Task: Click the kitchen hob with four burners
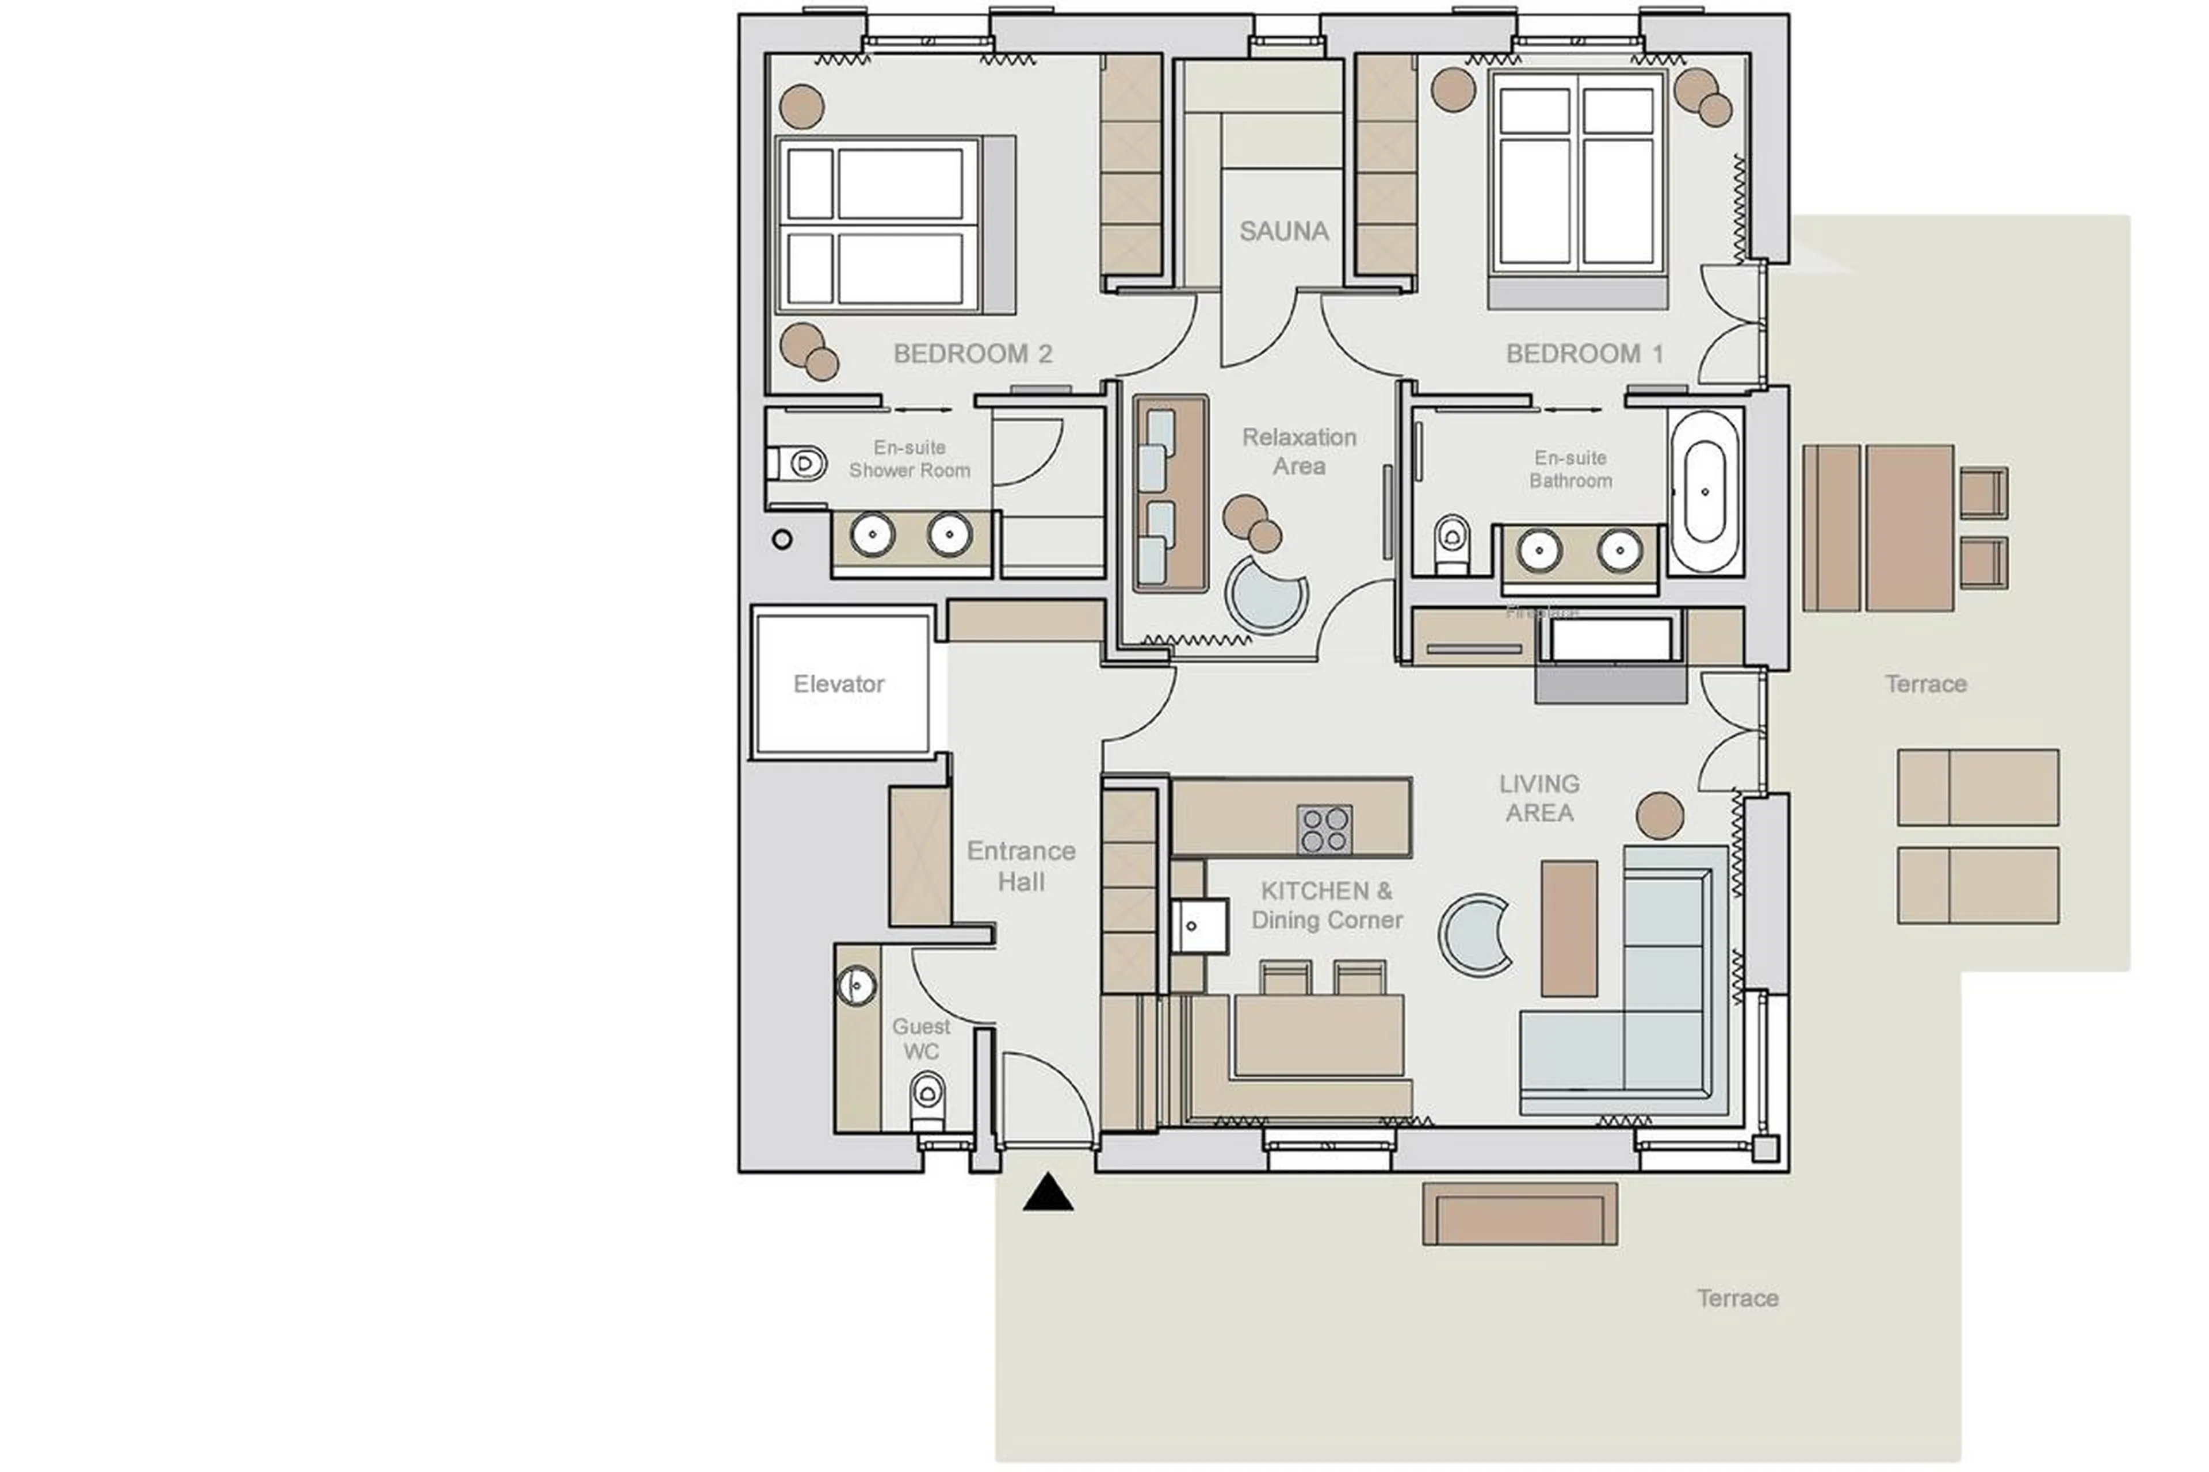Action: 1324,829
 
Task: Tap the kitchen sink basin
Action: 1197,926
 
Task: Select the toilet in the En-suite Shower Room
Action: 799,463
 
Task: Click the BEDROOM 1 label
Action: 1584,354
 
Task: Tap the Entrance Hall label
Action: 1021,866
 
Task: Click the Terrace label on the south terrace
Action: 1737,1298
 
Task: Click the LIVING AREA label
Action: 1539,798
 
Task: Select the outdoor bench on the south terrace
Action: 1519,1215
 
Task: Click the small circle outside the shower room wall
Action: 781,540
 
